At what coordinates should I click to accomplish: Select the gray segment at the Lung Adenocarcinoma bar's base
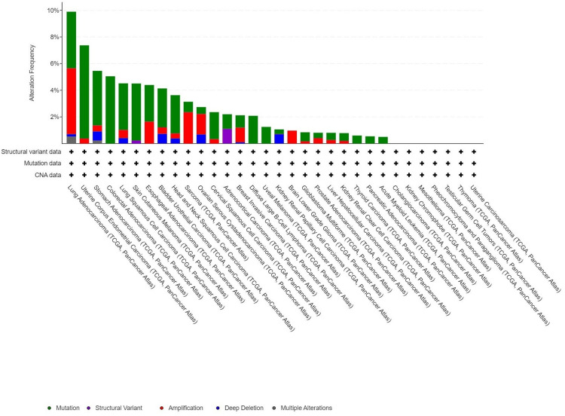tap(71, 139)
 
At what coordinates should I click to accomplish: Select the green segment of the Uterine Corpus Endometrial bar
tap(84, 90)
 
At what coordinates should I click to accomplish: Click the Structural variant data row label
tap(31, 151)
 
